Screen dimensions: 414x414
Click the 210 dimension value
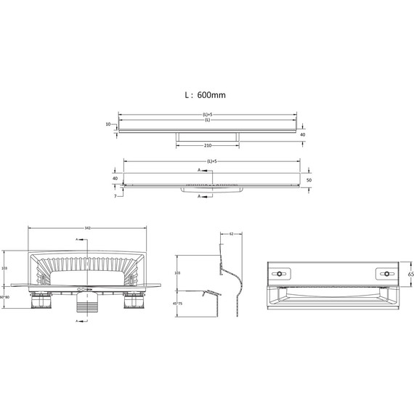click(x=208, y=145)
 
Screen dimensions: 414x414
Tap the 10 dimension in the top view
click(x=108, y=124)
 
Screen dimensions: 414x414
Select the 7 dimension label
click(x=114, y=196)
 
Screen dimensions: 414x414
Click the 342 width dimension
click(x=87, y=228)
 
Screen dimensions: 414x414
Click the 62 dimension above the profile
click(x=230, y=235)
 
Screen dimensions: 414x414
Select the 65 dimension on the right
click(x=410, y=275)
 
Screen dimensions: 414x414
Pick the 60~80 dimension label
click(x=4, y=297)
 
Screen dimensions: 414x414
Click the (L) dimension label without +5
click(x=207, y=121)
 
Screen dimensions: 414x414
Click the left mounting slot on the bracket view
click(x=282, y=274)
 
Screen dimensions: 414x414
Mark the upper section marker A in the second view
click(x=200, y=170)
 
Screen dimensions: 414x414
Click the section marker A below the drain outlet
click(x=78, y=329)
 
